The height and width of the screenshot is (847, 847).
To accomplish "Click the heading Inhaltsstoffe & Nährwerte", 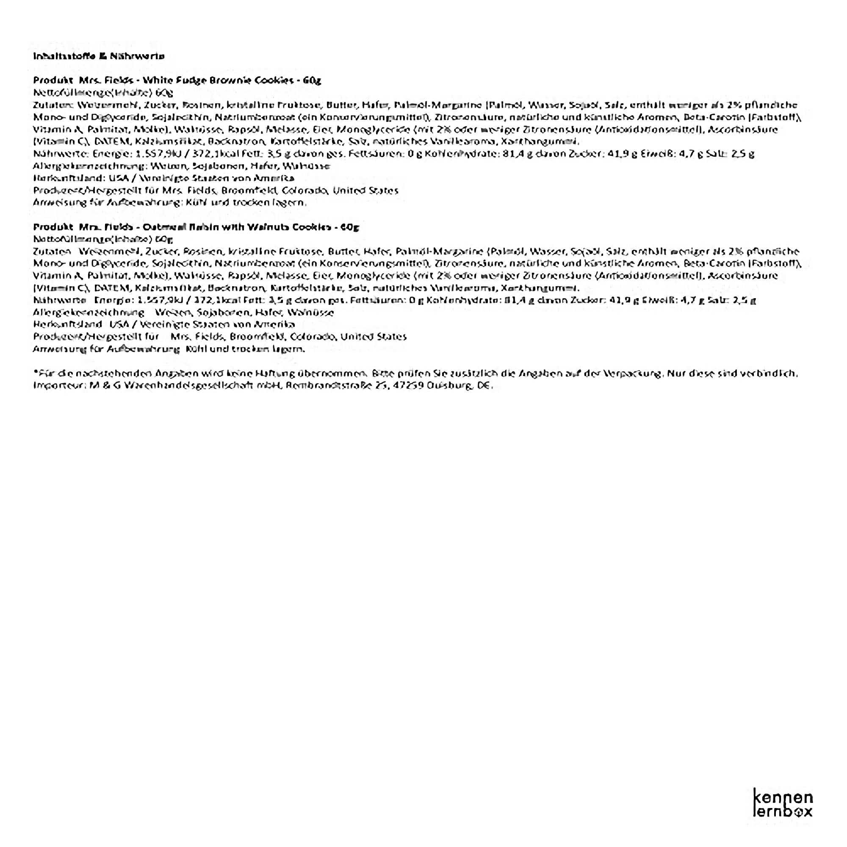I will pyautogui.click(x=99, y=56).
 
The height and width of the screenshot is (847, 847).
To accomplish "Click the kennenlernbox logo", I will pyautogui.click(x=783, y=803).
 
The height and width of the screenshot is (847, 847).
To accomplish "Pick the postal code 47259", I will pyautogui.click(x=410, y=386).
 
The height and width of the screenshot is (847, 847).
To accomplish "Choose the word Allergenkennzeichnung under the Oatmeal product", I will pyautogui.click(x=89, y=313).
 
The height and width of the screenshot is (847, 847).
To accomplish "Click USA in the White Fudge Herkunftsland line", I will pyautogui.click(x=119, y=178).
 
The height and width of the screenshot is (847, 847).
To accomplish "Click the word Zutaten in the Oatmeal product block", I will pyautogui.click(x=52, y=252).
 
